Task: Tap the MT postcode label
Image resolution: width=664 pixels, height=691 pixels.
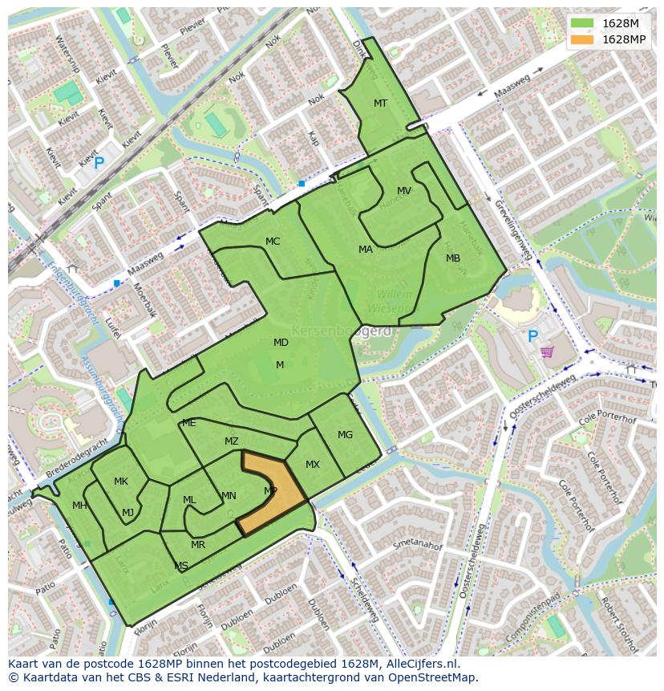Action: tap(380, 104)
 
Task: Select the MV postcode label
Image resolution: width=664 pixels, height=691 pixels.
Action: tap(404, 191)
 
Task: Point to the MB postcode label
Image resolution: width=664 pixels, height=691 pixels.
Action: tap(453, 258)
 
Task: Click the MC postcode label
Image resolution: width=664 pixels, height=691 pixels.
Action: tap(273, 242)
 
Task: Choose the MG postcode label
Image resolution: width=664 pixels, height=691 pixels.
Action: tap(345, 435)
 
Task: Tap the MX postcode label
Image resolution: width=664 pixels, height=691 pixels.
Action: tap(313, 465)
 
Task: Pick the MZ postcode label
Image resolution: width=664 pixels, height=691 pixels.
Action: tap(232, 441)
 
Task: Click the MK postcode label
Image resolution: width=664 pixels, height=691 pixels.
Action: tap(121, 482)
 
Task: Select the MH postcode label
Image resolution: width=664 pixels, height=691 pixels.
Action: tap(79, 506)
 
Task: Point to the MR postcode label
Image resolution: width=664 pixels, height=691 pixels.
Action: tap(198, 545)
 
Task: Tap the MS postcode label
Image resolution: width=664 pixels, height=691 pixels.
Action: tap(181, 566)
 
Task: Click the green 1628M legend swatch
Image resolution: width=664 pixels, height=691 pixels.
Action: tap(582, 23)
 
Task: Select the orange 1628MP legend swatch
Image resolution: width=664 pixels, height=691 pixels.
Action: tap(582, 39)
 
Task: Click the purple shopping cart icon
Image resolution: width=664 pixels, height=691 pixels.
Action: tap(547, 352)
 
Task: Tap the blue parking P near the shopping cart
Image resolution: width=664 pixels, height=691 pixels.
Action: tap(531, 337)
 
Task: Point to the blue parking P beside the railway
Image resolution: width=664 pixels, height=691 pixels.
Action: tap(99, 164)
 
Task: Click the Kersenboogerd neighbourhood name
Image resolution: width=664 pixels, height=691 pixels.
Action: tap(341, 331)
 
